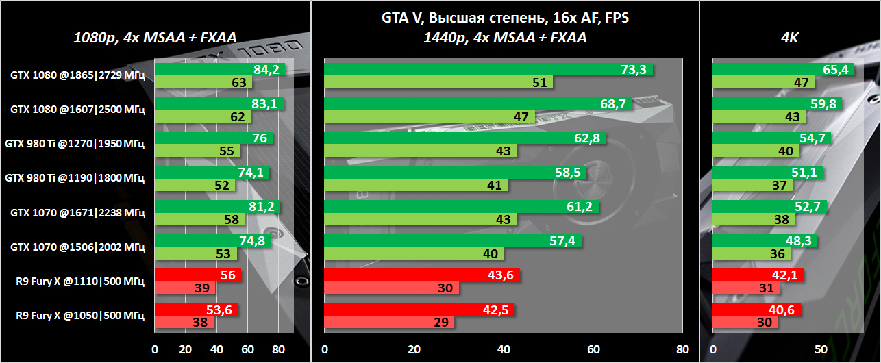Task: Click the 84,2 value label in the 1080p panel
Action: [267, 69]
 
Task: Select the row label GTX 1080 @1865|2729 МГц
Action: [77, 75]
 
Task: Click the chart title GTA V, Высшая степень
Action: [505, 18]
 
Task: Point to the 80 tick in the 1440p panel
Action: [682, 349]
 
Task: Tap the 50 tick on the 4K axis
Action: [821, 349]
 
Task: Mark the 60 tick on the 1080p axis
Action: [247, 349]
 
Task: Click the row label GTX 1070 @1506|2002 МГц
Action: [77, 247]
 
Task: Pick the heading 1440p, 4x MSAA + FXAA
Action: [505, 38]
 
